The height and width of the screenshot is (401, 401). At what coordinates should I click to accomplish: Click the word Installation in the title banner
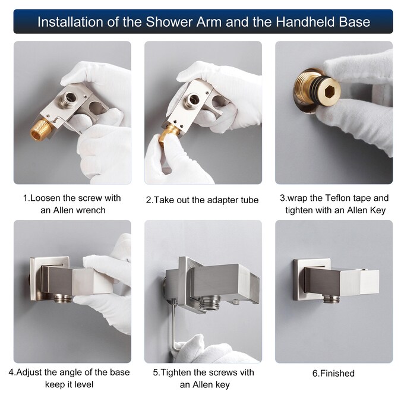click(71, 22)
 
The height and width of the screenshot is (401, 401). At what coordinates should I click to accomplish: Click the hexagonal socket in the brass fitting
click(328, 90)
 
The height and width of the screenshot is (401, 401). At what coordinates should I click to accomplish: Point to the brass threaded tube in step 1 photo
click(41, 130)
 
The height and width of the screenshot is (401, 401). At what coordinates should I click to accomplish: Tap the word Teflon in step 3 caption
click(338, 198)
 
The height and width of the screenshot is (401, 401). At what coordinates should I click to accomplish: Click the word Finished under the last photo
click(337, 373)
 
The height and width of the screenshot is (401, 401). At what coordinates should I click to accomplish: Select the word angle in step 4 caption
click(69, 372)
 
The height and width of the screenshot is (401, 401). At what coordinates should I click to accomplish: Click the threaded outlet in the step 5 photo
click(210, 303)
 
